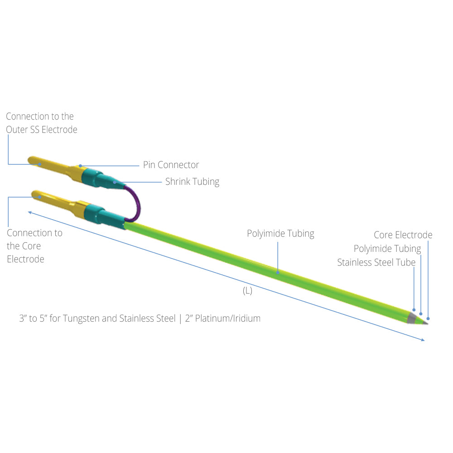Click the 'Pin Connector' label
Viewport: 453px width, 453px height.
(171, 165)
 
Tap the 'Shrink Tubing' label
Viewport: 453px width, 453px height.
(192, 182)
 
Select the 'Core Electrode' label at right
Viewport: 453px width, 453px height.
(403, 235)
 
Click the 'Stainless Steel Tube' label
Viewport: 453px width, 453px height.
(376, 262)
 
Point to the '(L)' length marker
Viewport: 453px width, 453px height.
(248, 291)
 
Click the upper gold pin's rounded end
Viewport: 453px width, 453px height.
(31, 159)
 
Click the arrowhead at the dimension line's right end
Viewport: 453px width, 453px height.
(423, 340)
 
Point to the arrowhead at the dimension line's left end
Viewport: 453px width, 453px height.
(30, 212)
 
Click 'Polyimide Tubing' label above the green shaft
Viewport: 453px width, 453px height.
(280, 233)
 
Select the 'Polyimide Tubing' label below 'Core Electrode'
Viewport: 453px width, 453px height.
(387, 248)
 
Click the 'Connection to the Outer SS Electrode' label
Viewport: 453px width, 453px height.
(42, 123)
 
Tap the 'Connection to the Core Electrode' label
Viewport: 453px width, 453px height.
(34, 246)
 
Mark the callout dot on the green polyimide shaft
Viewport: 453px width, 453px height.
(278, 272)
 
